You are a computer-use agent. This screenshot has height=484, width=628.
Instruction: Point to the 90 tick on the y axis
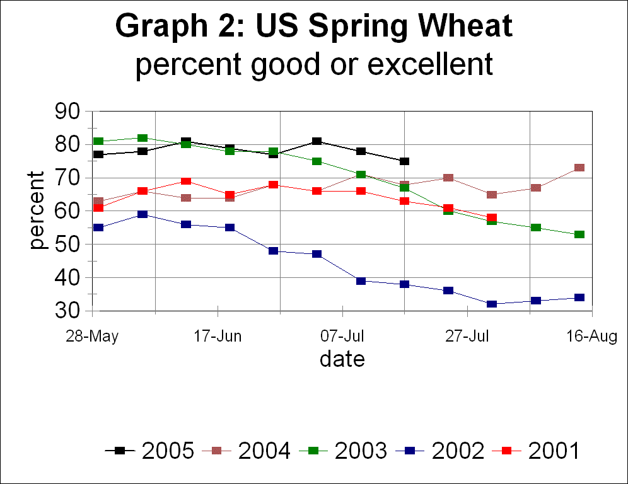pos(69,112)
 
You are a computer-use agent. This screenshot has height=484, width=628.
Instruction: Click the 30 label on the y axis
pos(69,311)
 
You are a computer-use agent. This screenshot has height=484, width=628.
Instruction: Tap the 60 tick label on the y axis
pos(69,212)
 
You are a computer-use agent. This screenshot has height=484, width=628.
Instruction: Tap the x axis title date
pos(342,359)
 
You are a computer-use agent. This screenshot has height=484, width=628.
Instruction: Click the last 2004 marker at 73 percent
pos(579,168)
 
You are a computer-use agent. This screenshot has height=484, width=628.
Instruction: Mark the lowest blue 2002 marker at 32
pos(492,304)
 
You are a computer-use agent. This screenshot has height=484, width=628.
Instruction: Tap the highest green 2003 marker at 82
pos(142,138)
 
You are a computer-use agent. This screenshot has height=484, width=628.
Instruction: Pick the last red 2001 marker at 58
pos(492,218)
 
